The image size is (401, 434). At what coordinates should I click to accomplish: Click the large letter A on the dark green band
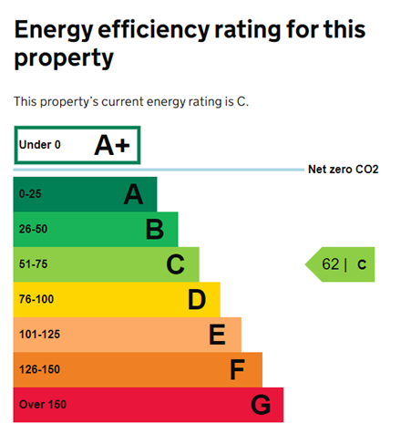coord(134,194)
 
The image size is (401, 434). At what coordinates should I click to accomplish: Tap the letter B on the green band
coord(155,229)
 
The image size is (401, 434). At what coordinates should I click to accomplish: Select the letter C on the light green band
coord(176,264)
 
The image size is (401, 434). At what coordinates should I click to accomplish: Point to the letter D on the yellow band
coord(197,299)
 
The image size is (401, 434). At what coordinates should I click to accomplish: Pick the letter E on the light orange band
coord(217,335)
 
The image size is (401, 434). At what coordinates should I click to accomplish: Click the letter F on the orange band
coord(238,369)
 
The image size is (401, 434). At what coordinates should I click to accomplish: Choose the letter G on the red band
coord(261,404)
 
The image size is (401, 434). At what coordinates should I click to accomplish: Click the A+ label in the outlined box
coord(111,145)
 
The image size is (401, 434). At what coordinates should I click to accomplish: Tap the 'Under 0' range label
coord(40,145)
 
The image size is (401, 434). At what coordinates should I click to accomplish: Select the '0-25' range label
coord(30,194)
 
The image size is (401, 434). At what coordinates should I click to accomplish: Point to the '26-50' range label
coord(33,229)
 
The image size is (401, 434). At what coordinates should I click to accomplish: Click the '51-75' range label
coord(33,264)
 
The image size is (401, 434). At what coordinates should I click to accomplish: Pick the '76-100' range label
coord(36,299)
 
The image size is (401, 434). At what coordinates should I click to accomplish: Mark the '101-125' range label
coord(39,335)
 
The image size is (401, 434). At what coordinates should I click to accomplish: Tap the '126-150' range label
coord(39,369)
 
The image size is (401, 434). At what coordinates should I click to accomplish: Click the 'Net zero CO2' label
coord(343,170)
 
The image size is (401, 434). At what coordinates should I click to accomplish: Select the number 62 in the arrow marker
coord(330,264)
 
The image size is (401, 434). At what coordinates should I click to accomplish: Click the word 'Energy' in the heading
coord(60,30)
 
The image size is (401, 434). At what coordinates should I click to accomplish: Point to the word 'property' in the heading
coord(64,59)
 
